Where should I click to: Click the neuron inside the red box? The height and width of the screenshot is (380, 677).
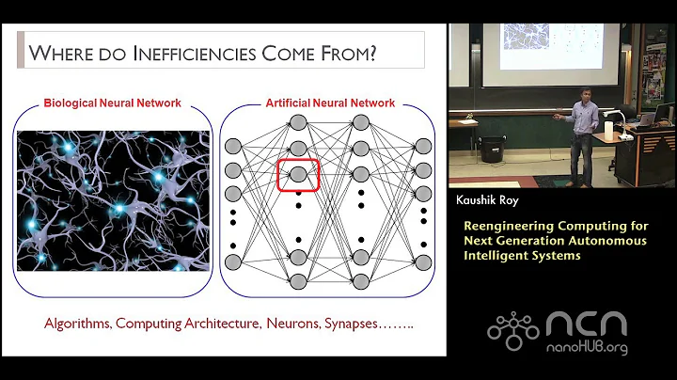[x=298, y=174]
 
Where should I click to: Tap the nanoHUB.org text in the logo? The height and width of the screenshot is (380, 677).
[x=593, y=349]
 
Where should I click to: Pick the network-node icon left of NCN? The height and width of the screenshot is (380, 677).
[x=512, y=326]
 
